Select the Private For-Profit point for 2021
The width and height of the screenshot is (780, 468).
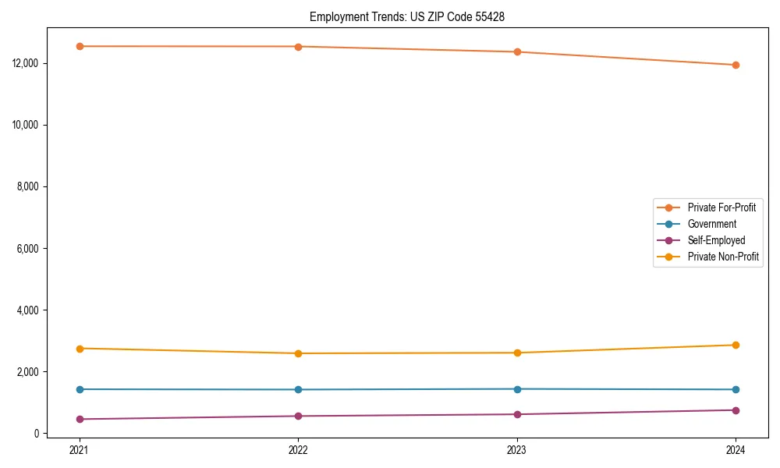coord(80,46)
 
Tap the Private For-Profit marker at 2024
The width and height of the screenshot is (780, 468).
coord(736,65)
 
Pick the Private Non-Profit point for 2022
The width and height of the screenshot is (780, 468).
coord(298,353)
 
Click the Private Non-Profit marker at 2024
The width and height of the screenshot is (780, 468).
coord(736,345)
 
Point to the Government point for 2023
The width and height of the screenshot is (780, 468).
coord(517,389)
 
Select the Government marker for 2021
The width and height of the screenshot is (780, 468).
coord(80,389)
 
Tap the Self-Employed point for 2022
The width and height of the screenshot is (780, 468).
coord(298,416)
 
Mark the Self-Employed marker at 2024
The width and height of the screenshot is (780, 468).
coord(736,410)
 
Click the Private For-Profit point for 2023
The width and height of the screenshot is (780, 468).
coord(517,51)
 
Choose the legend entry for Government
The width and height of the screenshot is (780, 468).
coord(711,224)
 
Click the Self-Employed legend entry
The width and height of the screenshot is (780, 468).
coord(716,240)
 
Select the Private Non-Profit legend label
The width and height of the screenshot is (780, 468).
coord(723,257)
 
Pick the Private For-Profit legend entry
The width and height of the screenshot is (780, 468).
coord(721,207)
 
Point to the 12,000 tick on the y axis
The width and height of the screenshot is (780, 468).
coord(27,63)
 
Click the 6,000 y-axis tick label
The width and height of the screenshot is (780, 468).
coord(29,248)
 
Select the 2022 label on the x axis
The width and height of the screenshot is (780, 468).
coord(298,449)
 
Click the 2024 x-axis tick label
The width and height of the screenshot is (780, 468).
coord(736,449)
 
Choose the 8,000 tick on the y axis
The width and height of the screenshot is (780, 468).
coord(29,186)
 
